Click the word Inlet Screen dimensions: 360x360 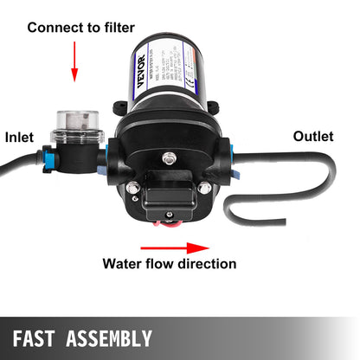[x=19, y=137]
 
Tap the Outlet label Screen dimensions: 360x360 [x=313, y=136]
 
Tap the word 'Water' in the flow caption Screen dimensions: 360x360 [x=123, y=262]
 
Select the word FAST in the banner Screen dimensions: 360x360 [x=45, y=337]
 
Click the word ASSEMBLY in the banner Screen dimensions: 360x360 [x=113, y=337]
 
